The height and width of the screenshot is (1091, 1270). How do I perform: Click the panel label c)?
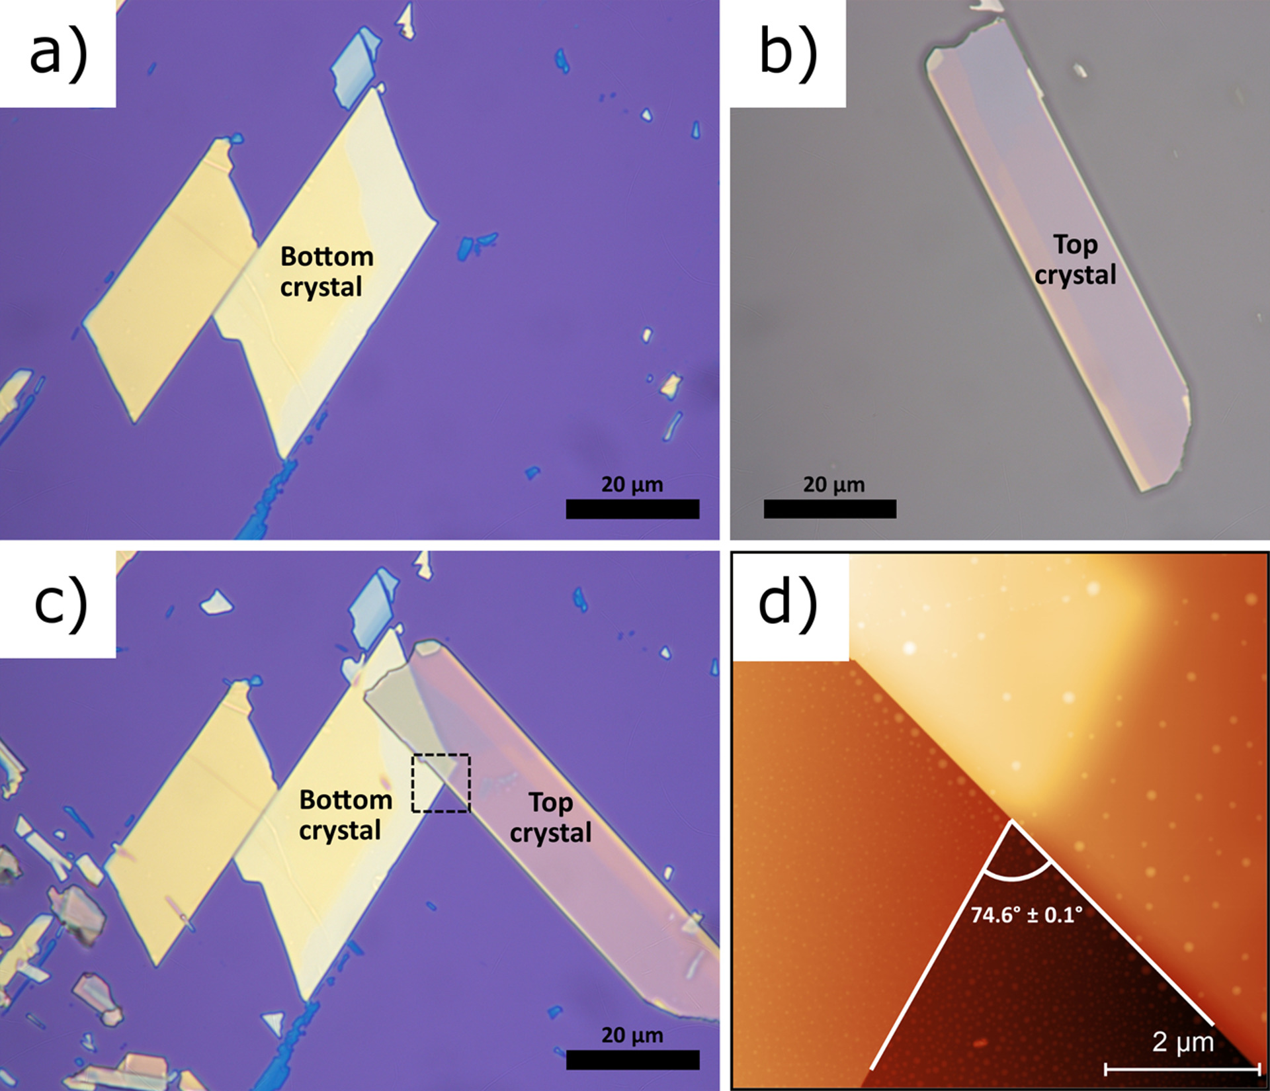point(60,603)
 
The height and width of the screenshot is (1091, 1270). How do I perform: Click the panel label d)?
point(788,603)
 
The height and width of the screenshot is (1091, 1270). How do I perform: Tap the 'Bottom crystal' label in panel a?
point(326,271)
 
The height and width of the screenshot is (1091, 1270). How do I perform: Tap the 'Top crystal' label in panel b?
point(1075,259)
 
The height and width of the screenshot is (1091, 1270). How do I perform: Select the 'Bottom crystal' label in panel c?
point(345,814)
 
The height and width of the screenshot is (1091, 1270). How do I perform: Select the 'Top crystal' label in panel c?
point(550,817)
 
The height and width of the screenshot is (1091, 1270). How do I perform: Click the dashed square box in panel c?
point(441,783)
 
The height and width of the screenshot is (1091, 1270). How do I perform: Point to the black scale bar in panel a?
point(632,509)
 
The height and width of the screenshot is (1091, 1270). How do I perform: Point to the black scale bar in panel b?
point(829,509)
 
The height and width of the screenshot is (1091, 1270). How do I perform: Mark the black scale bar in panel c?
point(632,1059)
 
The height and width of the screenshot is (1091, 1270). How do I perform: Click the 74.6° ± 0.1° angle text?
point(1027,915)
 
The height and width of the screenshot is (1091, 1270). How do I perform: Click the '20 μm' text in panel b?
point(833,484)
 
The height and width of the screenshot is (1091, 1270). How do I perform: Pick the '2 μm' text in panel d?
point(1183,1042)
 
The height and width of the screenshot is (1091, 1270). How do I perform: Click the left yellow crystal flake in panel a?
point(169,278)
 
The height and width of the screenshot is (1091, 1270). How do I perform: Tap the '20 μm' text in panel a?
point(632,484)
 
